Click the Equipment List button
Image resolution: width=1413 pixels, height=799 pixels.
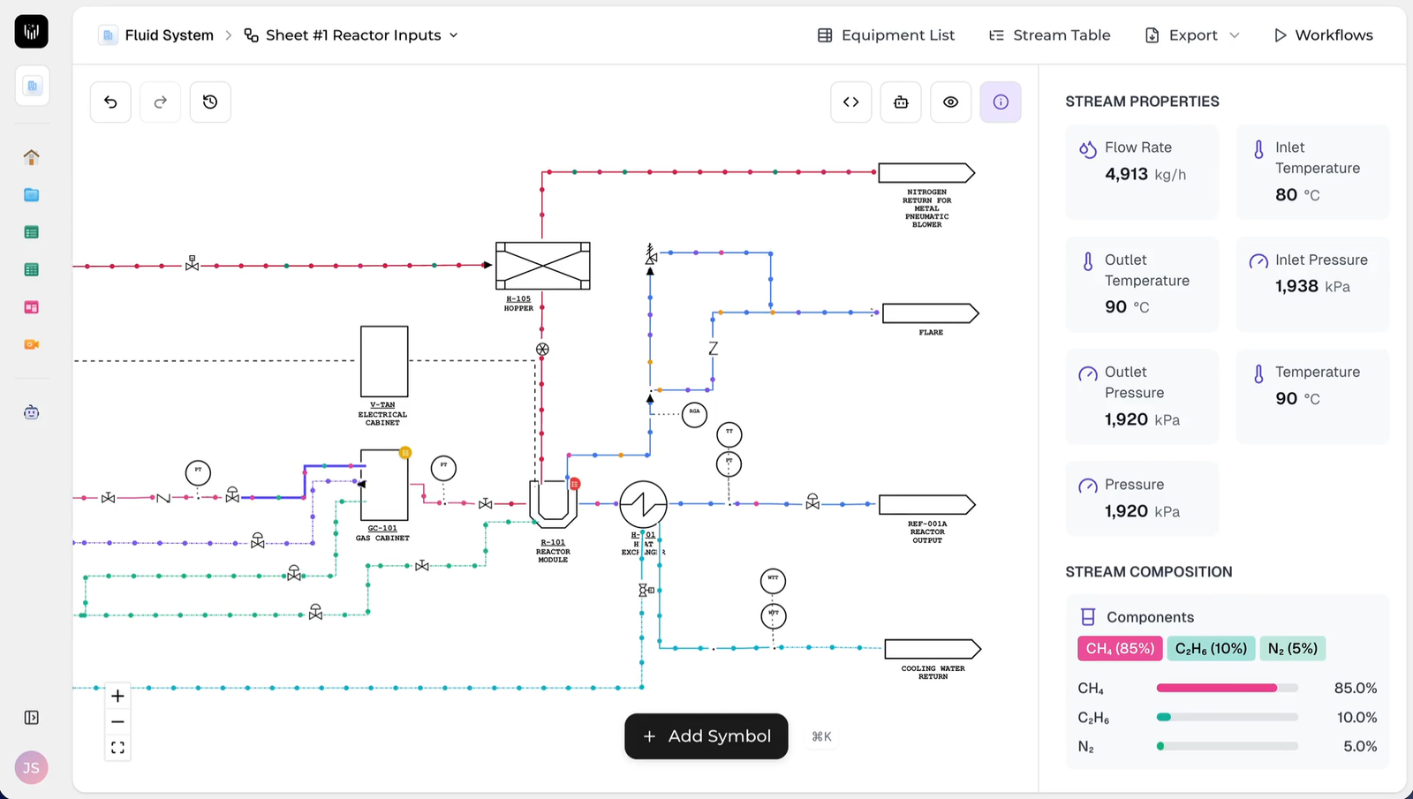[x=886, y=35]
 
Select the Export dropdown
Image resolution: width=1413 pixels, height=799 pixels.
[x=1192, y=35]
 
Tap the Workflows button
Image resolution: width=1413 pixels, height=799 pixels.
[x=1323, y=35]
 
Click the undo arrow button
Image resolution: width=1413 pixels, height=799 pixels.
[x=110, y=102]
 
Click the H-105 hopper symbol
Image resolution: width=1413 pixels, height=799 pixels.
[x=542, y=266]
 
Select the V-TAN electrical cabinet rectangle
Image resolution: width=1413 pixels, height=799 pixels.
[x=384, y=361]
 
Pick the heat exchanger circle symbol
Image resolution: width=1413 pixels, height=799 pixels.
[x=643, y=504]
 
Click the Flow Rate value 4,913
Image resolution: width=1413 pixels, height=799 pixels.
[x=1126, y=174]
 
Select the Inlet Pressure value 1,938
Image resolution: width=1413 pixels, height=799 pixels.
[x=1296, y=286]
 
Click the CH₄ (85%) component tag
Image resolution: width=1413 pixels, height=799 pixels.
[x=1120, y=649]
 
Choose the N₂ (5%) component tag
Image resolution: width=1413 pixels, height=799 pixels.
[x=1292, y=649]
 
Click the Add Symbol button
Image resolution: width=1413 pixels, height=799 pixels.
[x=706, y=736]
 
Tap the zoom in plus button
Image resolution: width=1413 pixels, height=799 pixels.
[x=117, y=696]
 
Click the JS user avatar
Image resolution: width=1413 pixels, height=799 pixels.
[x=31, y=767]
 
